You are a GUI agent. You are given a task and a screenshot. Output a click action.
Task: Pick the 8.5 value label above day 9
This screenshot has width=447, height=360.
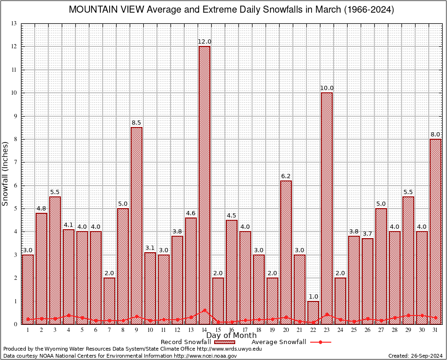[136, 123]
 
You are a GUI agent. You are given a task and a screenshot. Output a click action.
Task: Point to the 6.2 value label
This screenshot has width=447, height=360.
[286, 176]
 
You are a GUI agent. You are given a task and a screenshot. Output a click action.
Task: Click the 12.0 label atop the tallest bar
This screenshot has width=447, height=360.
[204, 42]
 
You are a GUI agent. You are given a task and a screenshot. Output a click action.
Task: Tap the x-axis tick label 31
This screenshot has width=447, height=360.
[435, 330]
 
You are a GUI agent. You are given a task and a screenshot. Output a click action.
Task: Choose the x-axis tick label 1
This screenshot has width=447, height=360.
[28, 330]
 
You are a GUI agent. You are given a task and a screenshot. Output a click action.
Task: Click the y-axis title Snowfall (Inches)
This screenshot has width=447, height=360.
[6, 173]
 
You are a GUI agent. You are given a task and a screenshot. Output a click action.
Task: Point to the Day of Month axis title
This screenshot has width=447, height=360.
[231, 335]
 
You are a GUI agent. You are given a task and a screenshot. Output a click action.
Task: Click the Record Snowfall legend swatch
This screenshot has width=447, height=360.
[224, 342]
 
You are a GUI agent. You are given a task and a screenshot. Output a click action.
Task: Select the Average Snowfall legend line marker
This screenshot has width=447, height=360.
[320, 342]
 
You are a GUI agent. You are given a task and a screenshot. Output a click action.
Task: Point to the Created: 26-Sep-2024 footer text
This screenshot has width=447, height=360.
[415, 356]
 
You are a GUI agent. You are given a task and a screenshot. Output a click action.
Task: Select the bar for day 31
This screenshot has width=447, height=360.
[435, 232]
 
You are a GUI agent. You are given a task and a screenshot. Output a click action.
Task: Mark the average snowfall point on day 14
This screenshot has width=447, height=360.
[204, 310]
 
